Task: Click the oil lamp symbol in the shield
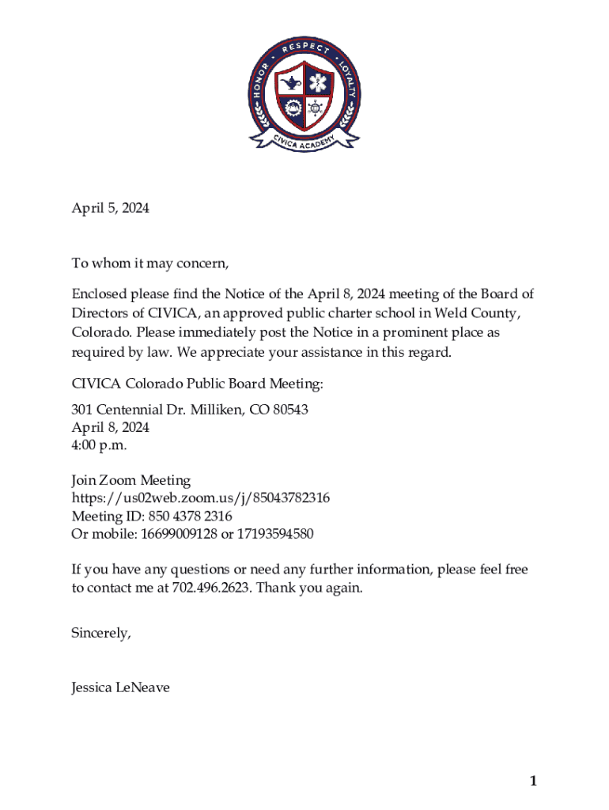290,83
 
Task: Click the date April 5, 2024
110,209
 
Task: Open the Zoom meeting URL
201,498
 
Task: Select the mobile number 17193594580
274,534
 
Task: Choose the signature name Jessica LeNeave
120,688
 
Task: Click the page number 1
533,782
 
